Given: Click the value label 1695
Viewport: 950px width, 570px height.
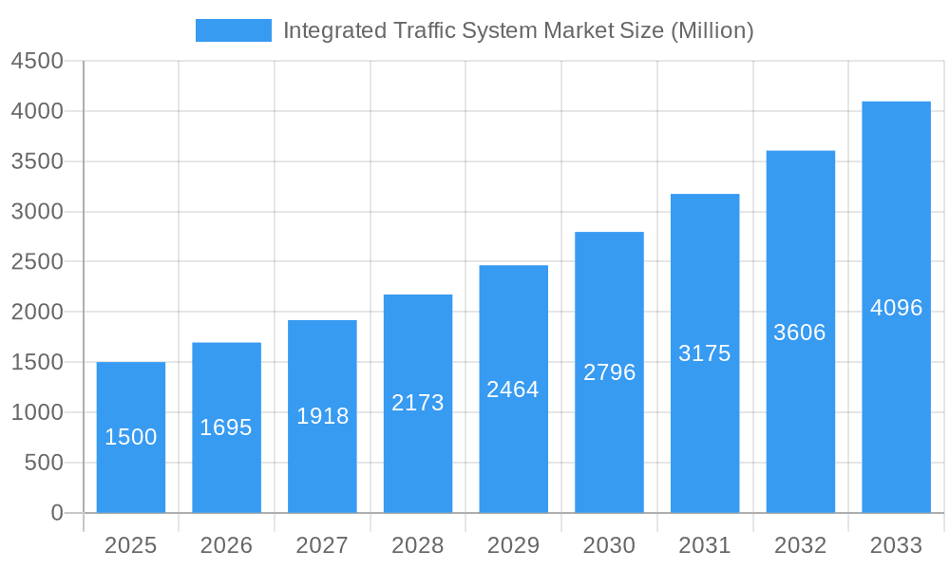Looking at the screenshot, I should (x=226, y=427).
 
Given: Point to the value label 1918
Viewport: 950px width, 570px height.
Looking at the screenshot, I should (x=323, y=416).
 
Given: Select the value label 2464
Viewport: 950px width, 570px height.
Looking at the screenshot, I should (x=513, y=389).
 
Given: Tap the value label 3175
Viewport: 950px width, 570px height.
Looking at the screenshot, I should (x=705, y=353).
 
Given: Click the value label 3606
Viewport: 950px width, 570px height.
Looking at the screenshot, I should (x=800, y=332).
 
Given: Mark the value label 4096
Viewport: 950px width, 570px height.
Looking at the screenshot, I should (x=896, y=308).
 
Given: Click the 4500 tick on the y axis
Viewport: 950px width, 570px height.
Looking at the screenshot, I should (x=36, y=61).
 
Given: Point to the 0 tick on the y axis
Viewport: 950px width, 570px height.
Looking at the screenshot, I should (x=56, y=513).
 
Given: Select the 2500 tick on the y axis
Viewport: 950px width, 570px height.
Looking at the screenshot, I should (x=36, y=262).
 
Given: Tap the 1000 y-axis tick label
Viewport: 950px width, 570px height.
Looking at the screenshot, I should (x=36, y=412).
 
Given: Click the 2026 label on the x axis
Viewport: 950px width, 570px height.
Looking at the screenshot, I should (x=226, y=545).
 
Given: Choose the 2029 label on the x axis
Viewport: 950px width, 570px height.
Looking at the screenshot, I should (x=513, y=545).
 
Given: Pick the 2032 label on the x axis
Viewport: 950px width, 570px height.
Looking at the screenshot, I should (x=800, y=545).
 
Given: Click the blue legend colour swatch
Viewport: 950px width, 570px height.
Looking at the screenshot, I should (x=234, y=30).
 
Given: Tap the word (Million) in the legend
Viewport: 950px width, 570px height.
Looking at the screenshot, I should (x=712, y=30).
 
